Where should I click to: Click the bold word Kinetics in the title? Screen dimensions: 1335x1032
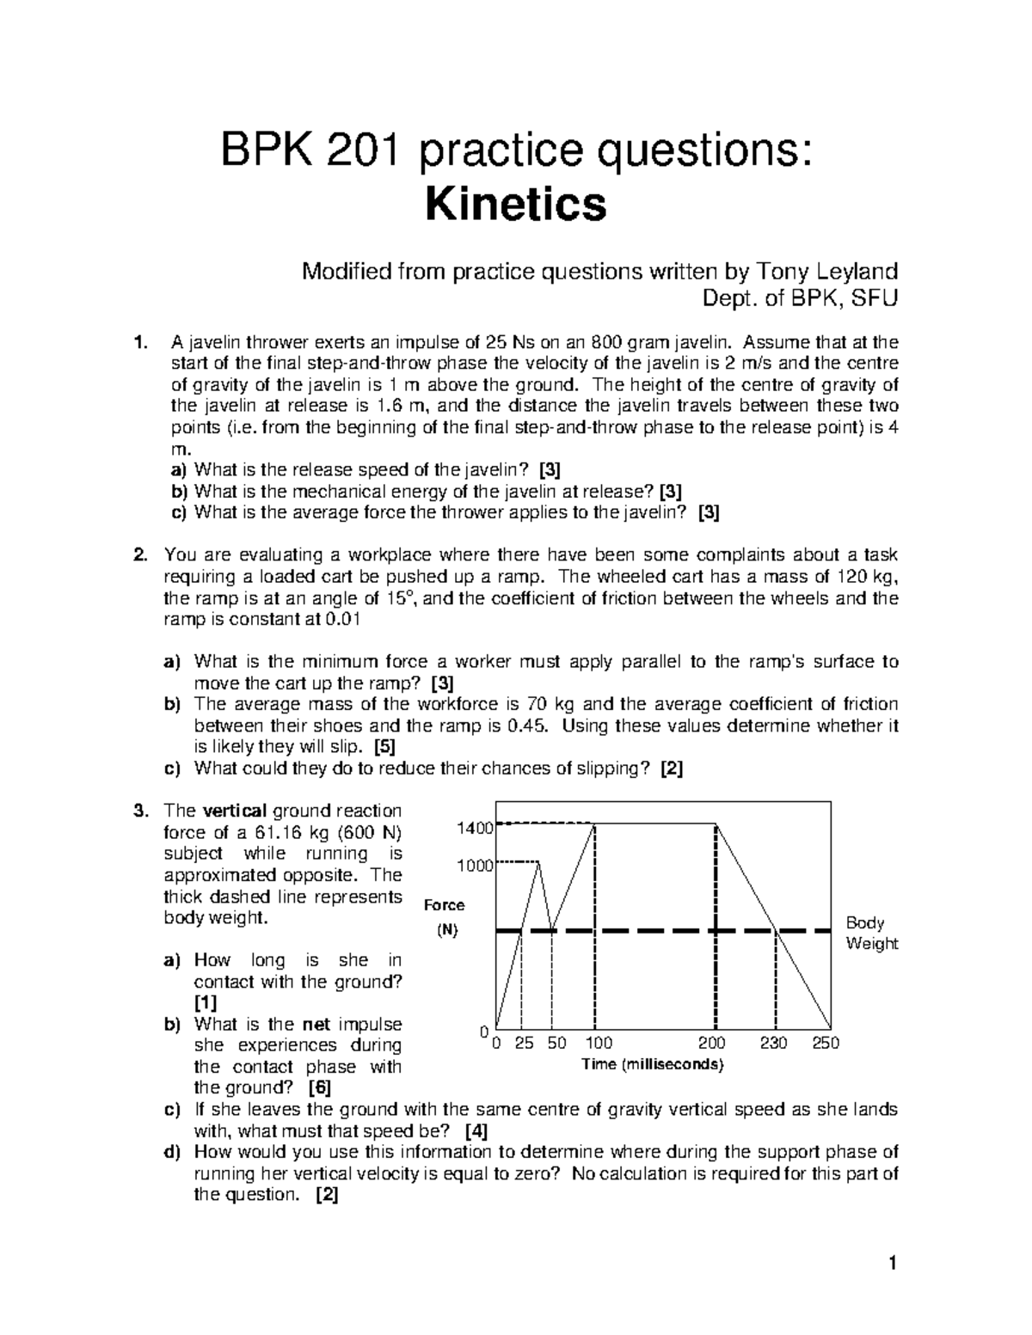(x=516, y=206)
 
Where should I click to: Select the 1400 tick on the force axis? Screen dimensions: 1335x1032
(x=474, y=829)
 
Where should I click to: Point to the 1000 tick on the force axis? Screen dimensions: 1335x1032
(x=474, y=866)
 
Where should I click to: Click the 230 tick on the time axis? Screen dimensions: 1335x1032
(x=773, y=1044)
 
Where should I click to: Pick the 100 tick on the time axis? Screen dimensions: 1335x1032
(x=599, y=1044)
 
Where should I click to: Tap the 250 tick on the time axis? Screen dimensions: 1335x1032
(x=826, y=1044)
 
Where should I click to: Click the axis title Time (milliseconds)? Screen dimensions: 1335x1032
(x=653, y=1065)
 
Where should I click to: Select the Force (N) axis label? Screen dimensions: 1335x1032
(x=445, y=916)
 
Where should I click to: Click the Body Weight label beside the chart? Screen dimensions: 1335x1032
(x=871, y=934)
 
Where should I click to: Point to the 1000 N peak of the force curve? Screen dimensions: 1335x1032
(x=539, y=863)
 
